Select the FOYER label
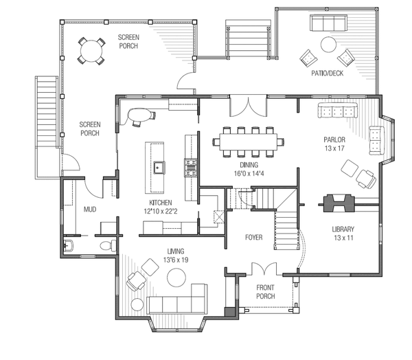[x=255, y=238]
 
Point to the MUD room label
[x=89, y=209]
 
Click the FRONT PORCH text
[x=266, y=292]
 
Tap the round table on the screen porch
[x=91, y=50]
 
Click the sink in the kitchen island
[x=158, y=166]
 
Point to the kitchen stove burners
[x=190, y=165]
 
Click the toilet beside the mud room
[x=105, y=245]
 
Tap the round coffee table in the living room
[x=178, y=277]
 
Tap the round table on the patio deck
[x=328, y=45]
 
